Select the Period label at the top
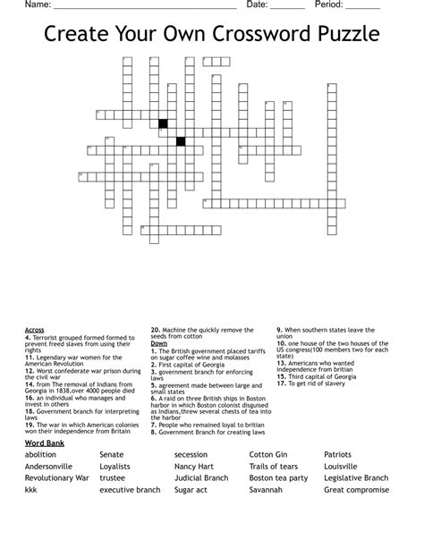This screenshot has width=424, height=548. (331, 5)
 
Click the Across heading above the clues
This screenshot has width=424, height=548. (35, 330)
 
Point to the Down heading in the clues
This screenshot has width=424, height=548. (159, 343)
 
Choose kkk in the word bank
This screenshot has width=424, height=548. (31, 490)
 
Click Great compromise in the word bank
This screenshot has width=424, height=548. (356, 490)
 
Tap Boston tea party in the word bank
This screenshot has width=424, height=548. (278, 477)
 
